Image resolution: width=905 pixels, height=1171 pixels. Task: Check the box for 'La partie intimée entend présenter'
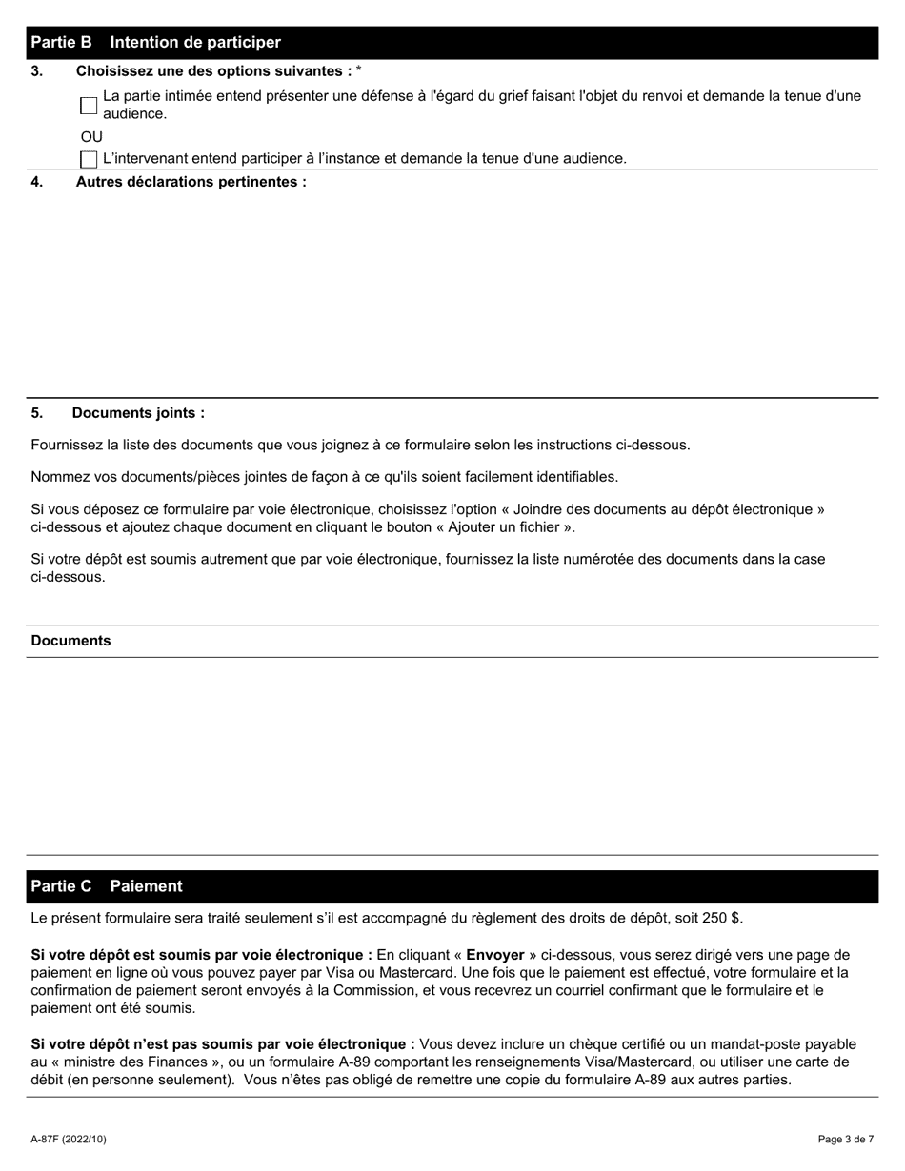(x=89, y=106)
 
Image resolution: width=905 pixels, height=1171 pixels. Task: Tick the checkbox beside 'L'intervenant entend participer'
(x=89, y=159)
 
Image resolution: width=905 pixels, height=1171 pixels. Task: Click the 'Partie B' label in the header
(x=61, y=43)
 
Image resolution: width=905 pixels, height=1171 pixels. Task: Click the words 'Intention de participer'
(x=195, y=43)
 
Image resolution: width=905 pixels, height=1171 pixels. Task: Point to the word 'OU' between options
(x=91, y=137)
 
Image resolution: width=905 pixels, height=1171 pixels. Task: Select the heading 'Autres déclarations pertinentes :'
(x=191, y=182)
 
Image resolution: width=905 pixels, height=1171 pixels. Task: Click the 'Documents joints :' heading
(x=138, y=413)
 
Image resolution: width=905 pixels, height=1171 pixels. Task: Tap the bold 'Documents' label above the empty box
(x=70, y=641)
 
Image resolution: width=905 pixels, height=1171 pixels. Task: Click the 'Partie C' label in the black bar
(x=61, y=886)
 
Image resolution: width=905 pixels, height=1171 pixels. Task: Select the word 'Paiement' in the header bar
(x=146, y=886)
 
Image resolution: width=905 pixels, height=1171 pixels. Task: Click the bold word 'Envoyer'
(x=494, y=955)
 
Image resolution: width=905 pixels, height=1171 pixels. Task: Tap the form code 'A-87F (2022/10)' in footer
(x=69, y=1139)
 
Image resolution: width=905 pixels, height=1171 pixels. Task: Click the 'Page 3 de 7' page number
(x=846, y=1139)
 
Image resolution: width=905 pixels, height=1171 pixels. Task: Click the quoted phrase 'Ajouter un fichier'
(x=505, y=527)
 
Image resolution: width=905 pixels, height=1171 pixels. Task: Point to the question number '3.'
(x=37, y=71)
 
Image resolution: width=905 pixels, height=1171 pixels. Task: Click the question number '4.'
(x=37, y=182)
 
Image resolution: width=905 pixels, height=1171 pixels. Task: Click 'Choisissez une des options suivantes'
(x=211, y=71)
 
